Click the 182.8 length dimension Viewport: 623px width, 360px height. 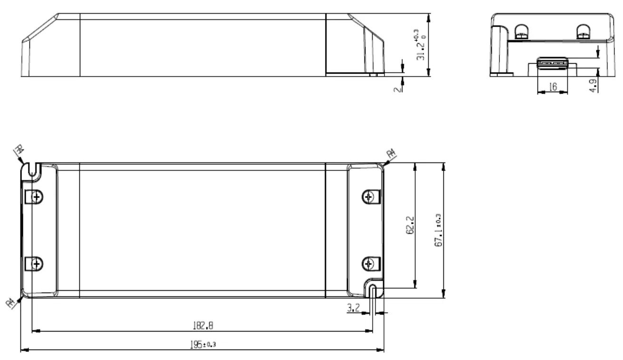point(203,326)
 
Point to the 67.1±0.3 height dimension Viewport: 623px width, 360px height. point(438,230)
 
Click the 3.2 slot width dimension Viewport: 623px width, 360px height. point(353,308)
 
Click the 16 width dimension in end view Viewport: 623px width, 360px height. point(552,87)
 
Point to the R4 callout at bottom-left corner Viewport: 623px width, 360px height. point(10,302)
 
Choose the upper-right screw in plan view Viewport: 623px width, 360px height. point(368,196)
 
